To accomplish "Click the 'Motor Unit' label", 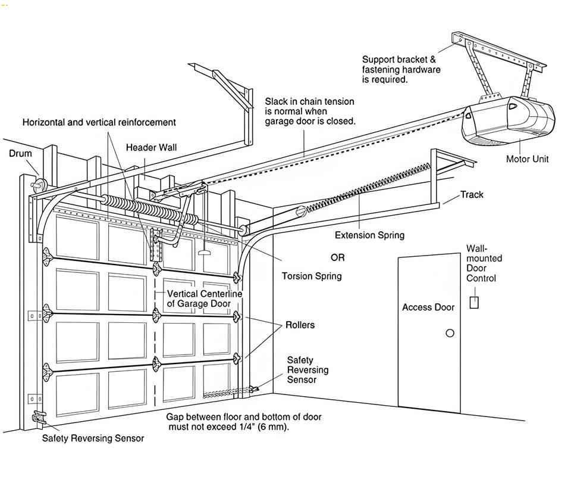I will tap(527, 159).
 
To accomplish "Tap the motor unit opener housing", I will tap(509, 122).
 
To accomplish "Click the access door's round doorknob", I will tap(450, 333).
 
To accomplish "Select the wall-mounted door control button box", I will tap(474, 301).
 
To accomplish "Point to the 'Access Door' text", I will tap(428, 307).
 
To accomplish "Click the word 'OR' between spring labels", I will tap(337, 258).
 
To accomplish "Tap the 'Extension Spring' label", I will tap(369, 235).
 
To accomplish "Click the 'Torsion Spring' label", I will tap(312, 276).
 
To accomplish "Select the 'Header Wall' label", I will tap(151, 148).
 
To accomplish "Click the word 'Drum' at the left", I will tap(20, 154).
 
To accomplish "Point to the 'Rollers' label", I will tap(300, 325).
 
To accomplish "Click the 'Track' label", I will tap(472, 195).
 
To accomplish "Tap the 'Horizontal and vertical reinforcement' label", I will tap(99, 122).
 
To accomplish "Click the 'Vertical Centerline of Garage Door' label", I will tap(205, 298).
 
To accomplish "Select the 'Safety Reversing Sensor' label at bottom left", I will tap(93, 439).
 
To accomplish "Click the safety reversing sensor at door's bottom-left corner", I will tap(39, 417).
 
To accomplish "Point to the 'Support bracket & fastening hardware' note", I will tap(401, 69).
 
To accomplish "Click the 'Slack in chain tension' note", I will tap(310, 111).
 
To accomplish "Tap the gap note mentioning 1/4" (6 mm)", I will tap(244, 422).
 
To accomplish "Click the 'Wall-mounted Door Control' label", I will tap(484, 263).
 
